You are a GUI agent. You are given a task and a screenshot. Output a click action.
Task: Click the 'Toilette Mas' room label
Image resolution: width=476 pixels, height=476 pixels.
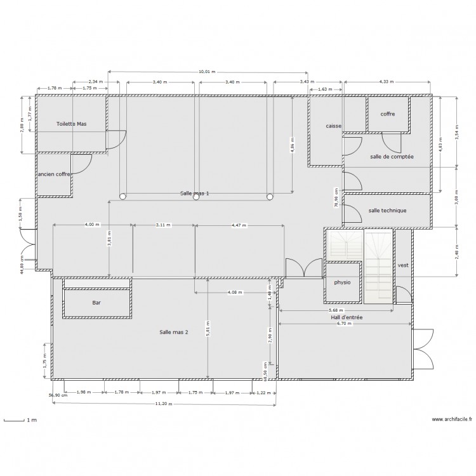[x=71, y=124]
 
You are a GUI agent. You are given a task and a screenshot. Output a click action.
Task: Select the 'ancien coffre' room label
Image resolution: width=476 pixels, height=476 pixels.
[x=54, y=174]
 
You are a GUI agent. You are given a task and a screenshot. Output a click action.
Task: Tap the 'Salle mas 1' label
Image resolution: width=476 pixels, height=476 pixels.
[x=194, y=193]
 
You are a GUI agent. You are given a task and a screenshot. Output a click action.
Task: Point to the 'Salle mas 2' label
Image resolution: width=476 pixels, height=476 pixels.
[x=174, y=332]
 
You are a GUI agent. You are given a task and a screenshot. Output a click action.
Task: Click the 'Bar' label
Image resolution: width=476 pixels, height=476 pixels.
[x=96, y=303]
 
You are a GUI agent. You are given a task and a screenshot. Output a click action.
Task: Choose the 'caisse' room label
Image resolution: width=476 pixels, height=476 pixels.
[x=334, y=126]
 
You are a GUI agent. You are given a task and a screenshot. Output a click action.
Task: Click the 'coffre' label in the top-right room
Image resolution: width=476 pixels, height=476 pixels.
[x=388, y=114]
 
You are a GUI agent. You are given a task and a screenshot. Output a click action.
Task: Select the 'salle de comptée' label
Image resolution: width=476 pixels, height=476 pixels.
[x=392, y=156]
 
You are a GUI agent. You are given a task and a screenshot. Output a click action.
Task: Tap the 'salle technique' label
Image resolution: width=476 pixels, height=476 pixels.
[x=387, y=211]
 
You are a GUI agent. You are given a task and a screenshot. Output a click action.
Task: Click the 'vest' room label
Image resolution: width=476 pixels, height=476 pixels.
[x=402, y=265]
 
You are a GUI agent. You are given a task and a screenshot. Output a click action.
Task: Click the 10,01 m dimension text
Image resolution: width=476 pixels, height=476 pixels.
[x=207, y=72]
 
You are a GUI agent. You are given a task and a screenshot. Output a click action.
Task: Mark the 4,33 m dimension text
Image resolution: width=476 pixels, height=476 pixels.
[x=386, y=82]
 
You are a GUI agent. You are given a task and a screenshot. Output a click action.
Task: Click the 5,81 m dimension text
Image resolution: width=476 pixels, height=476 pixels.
[x=208, y=329]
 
